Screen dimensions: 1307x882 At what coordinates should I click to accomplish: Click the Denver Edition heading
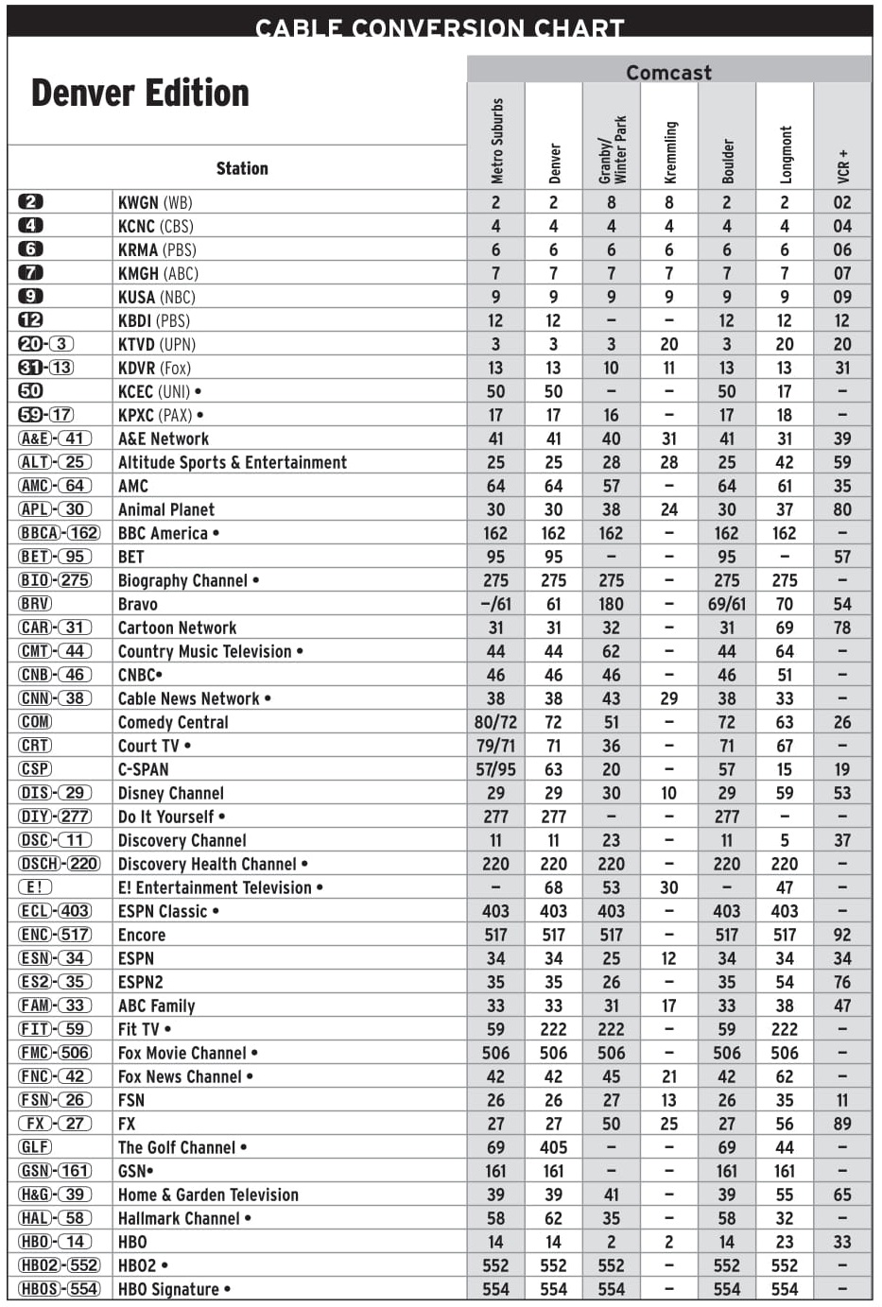point(140,94)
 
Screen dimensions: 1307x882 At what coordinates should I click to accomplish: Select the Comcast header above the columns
point(668,72)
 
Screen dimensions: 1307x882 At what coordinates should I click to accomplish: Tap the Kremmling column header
point(669,151)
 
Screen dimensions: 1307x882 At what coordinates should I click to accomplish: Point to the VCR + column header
point(842,164)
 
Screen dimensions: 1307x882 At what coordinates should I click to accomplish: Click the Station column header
point(242,168)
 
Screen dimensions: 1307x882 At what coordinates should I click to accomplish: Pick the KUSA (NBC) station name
point(156,297)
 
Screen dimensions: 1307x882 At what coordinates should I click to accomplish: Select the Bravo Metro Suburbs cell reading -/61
point(495,604)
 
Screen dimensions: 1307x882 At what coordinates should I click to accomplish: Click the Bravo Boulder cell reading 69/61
point(726,604)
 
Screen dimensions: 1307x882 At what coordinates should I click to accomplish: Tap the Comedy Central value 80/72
point(495,722)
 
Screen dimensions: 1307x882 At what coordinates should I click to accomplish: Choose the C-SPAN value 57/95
point(495,769)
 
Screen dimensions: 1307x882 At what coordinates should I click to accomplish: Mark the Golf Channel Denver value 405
point(553,1147)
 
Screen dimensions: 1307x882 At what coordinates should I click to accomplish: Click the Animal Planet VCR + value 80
point(842,509)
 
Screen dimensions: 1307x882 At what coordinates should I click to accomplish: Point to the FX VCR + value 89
point(842,1124)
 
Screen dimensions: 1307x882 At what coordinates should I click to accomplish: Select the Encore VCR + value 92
point(842,935)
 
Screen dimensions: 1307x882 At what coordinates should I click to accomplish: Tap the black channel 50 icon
point(31,390)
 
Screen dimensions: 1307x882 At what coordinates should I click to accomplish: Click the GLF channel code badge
point(35,1147)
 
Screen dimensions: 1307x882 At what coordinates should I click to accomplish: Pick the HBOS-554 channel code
point(59,1289)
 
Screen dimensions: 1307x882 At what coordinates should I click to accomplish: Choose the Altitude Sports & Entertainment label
point(232,462)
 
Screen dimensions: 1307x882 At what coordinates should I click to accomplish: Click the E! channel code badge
point(35,887)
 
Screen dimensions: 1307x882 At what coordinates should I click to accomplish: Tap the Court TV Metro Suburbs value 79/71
point(495,746)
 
